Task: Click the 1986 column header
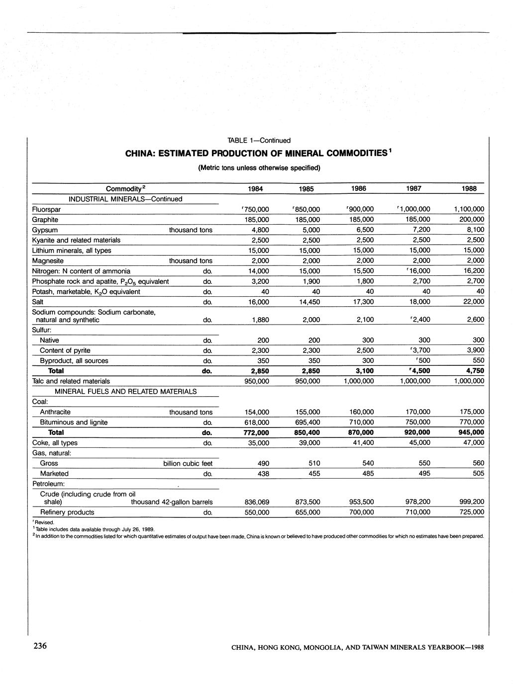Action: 358,189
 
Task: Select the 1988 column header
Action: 468,189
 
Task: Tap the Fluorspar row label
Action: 46,210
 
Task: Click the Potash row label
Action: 86,292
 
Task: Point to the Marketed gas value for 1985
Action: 314,474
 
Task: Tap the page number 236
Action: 40,646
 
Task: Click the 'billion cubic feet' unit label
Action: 188,464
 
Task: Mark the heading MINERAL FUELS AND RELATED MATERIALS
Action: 125,392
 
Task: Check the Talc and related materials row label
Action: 71,381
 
